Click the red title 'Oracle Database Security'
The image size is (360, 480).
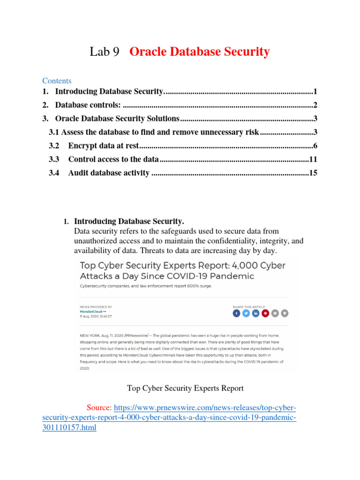pos(199,52)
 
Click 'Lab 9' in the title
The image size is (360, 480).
pos(105,52)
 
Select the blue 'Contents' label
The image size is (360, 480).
pos(57,81)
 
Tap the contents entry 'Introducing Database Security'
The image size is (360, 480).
pos(109,91)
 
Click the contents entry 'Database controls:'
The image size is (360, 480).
pos(88,105)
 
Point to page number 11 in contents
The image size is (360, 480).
pos(314,159)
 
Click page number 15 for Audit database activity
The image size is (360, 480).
pos(313,173)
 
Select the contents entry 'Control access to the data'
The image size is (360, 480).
pos(113,159)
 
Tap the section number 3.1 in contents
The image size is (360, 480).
pos(54,132)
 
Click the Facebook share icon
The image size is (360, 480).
pos(236,313)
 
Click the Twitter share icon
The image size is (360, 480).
pos(246,313)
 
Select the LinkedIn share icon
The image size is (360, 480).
pos(255,313)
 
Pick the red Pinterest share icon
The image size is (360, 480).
pos(265,313)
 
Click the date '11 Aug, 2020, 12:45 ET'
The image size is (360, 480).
pos(96,316)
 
